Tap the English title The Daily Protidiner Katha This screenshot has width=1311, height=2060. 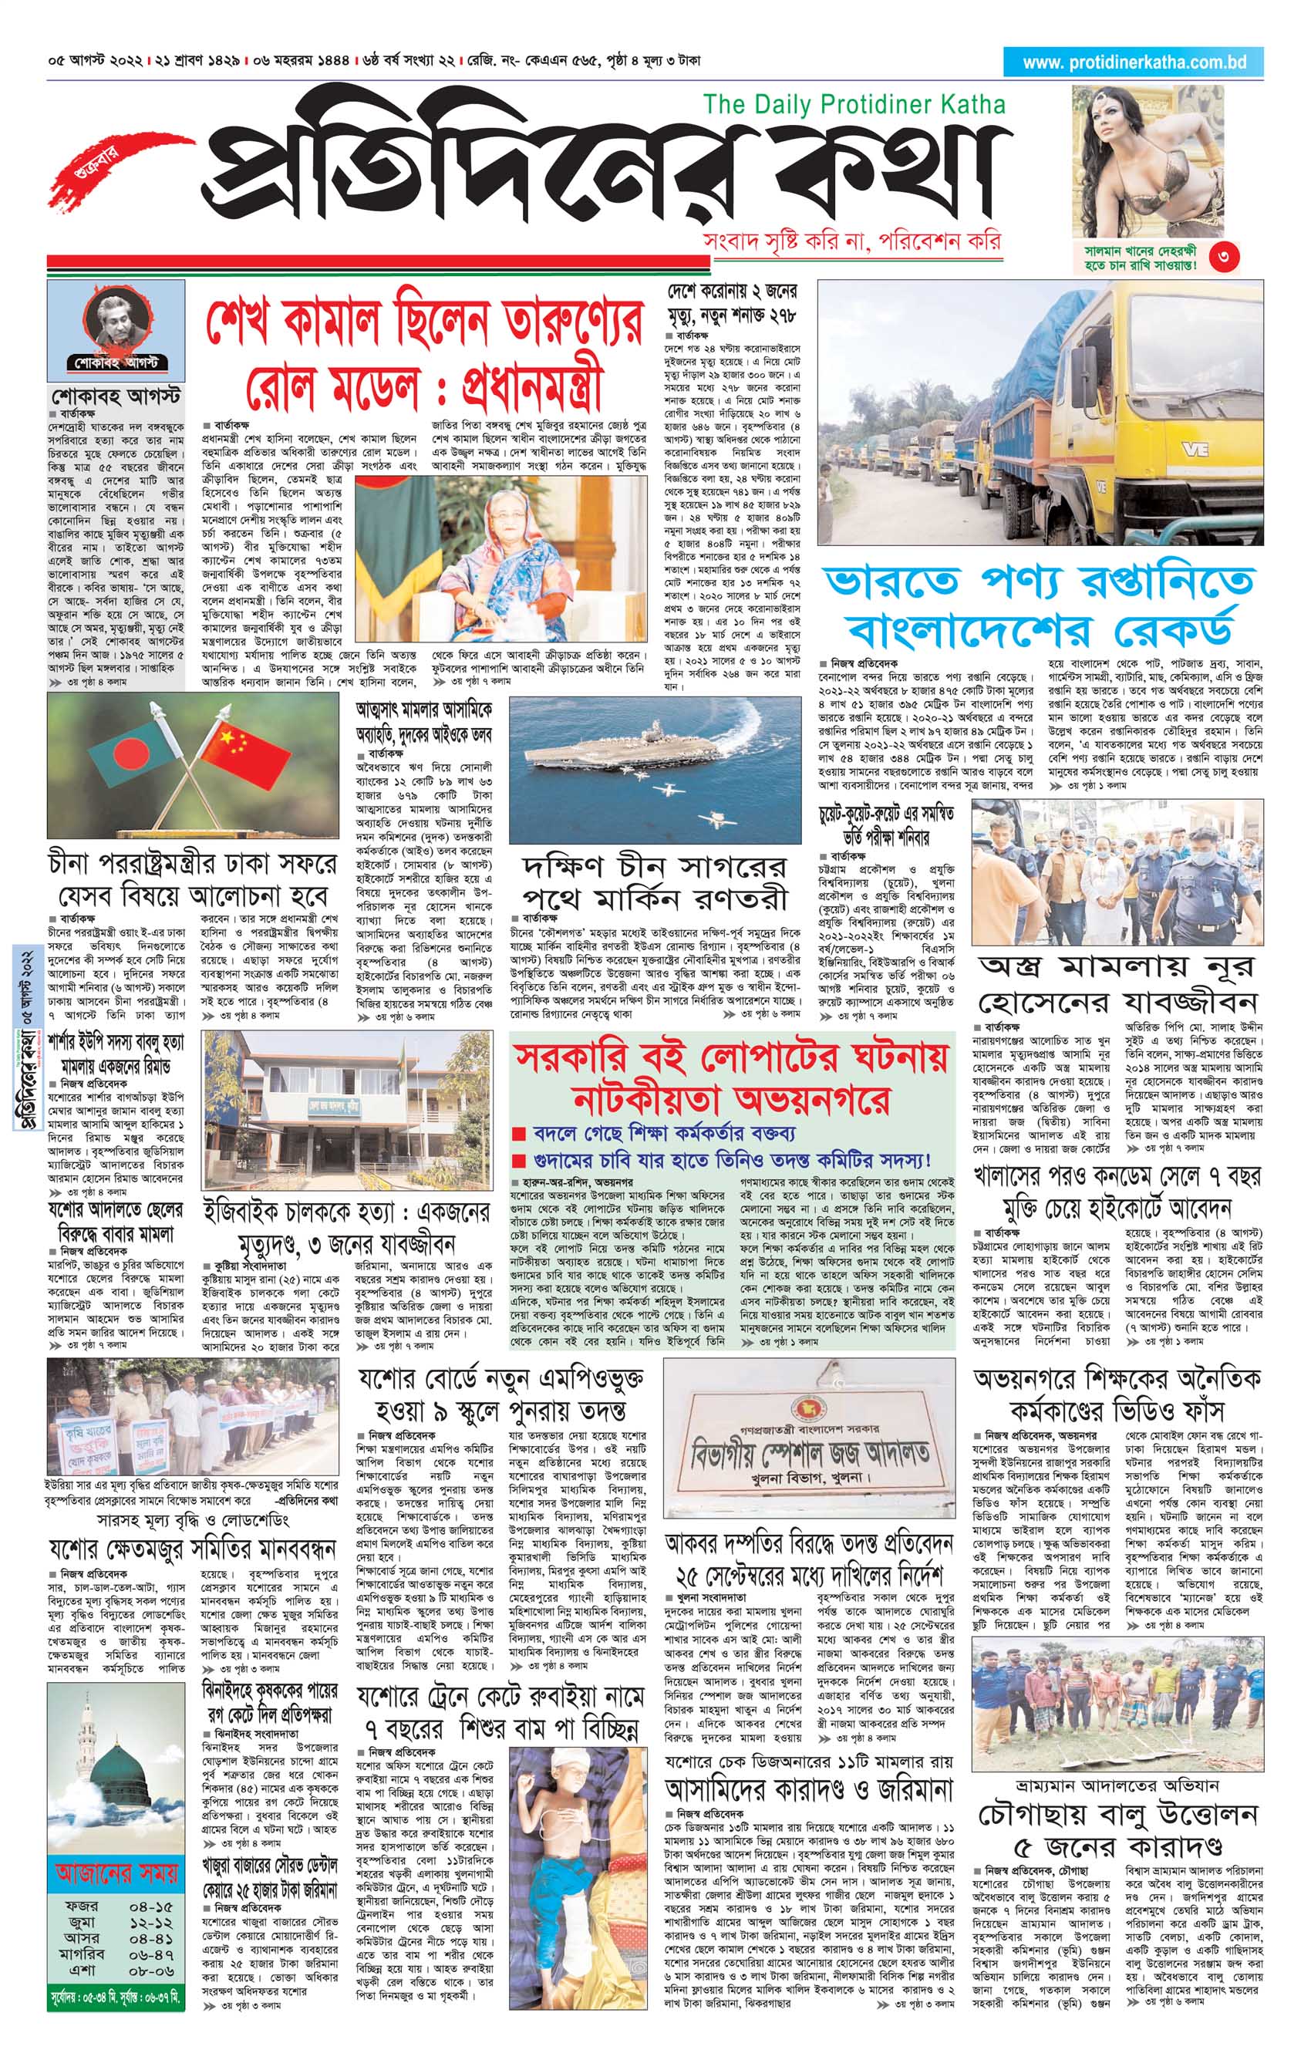(x=854, y=104)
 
